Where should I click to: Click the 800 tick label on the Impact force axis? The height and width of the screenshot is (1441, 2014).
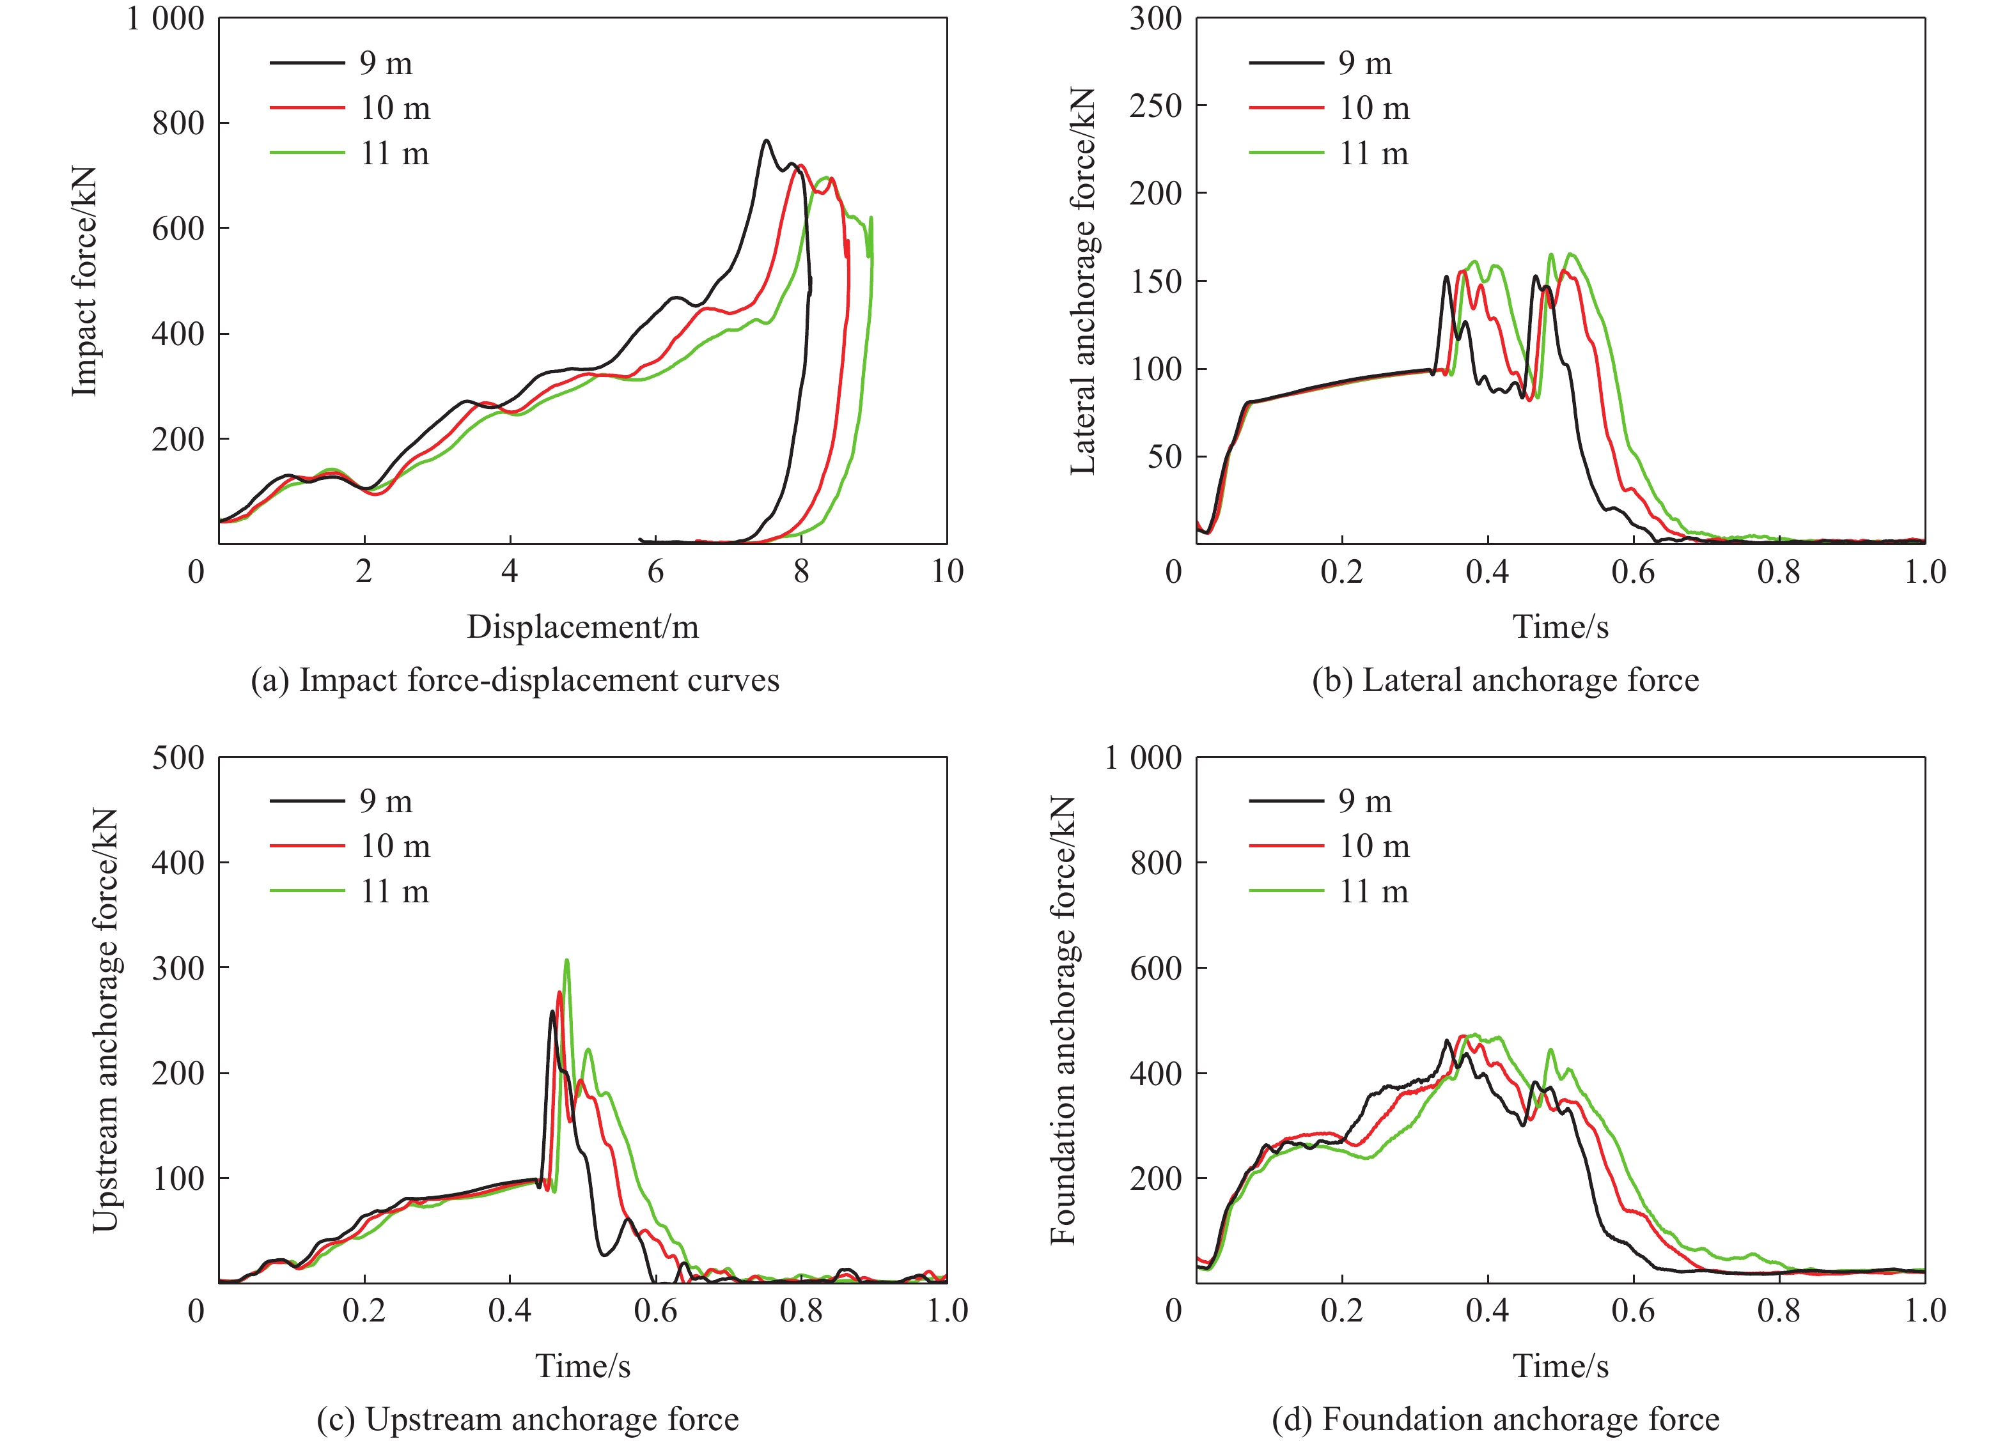point(178,123)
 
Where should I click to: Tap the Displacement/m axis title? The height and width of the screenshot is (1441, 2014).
point(582,626)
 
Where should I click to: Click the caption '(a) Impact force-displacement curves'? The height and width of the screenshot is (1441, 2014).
point(515,680)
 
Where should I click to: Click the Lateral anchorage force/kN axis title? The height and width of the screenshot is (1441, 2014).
point(1083,281)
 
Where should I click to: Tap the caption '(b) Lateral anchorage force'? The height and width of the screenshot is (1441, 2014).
point(1506,680)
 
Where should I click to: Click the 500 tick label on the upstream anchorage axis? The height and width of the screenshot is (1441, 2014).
point(178,758)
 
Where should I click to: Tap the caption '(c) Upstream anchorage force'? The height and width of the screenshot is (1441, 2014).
point(527,1419)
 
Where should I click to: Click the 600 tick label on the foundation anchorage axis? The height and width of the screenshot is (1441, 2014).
point(1155,968)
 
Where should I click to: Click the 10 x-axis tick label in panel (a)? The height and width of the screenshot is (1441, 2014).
point(947,571)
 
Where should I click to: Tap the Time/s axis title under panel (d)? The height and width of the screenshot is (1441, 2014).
point(1561,1366)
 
